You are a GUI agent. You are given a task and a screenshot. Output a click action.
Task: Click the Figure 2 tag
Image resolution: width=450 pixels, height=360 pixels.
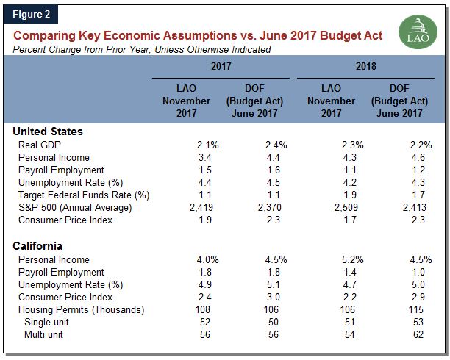[32, 12]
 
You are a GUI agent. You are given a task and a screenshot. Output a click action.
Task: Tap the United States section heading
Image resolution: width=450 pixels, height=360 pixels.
[48, 131]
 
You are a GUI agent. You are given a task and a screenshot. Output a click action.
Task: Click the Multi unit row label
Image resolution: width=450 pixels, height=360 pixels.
[46, 335]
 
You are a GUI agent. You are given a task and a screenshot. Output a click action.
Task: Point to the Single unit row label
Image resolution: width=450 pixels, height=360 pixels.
[49, 323]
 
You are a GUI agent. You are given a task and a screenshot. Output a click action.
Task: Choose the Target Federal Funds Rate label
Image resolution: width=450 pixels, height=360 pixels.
[84, 195]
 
